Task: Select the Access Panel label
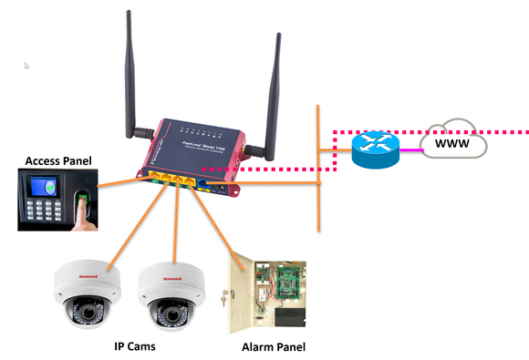point(56,161)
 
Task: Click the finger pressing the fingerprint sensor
point(83,204)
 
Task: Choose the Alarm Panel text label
point(273,347)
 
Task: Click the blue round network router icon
point(375,149)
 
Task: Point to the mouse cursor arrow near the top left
point(26,67)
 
